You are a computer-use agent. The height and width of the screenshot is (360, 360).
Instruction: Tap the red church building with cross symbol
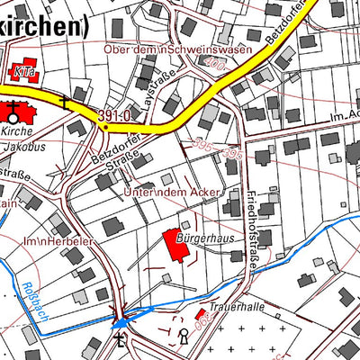15,112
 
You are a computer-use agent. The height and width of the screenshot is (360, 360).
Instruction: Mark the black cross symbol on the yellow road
66,101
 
